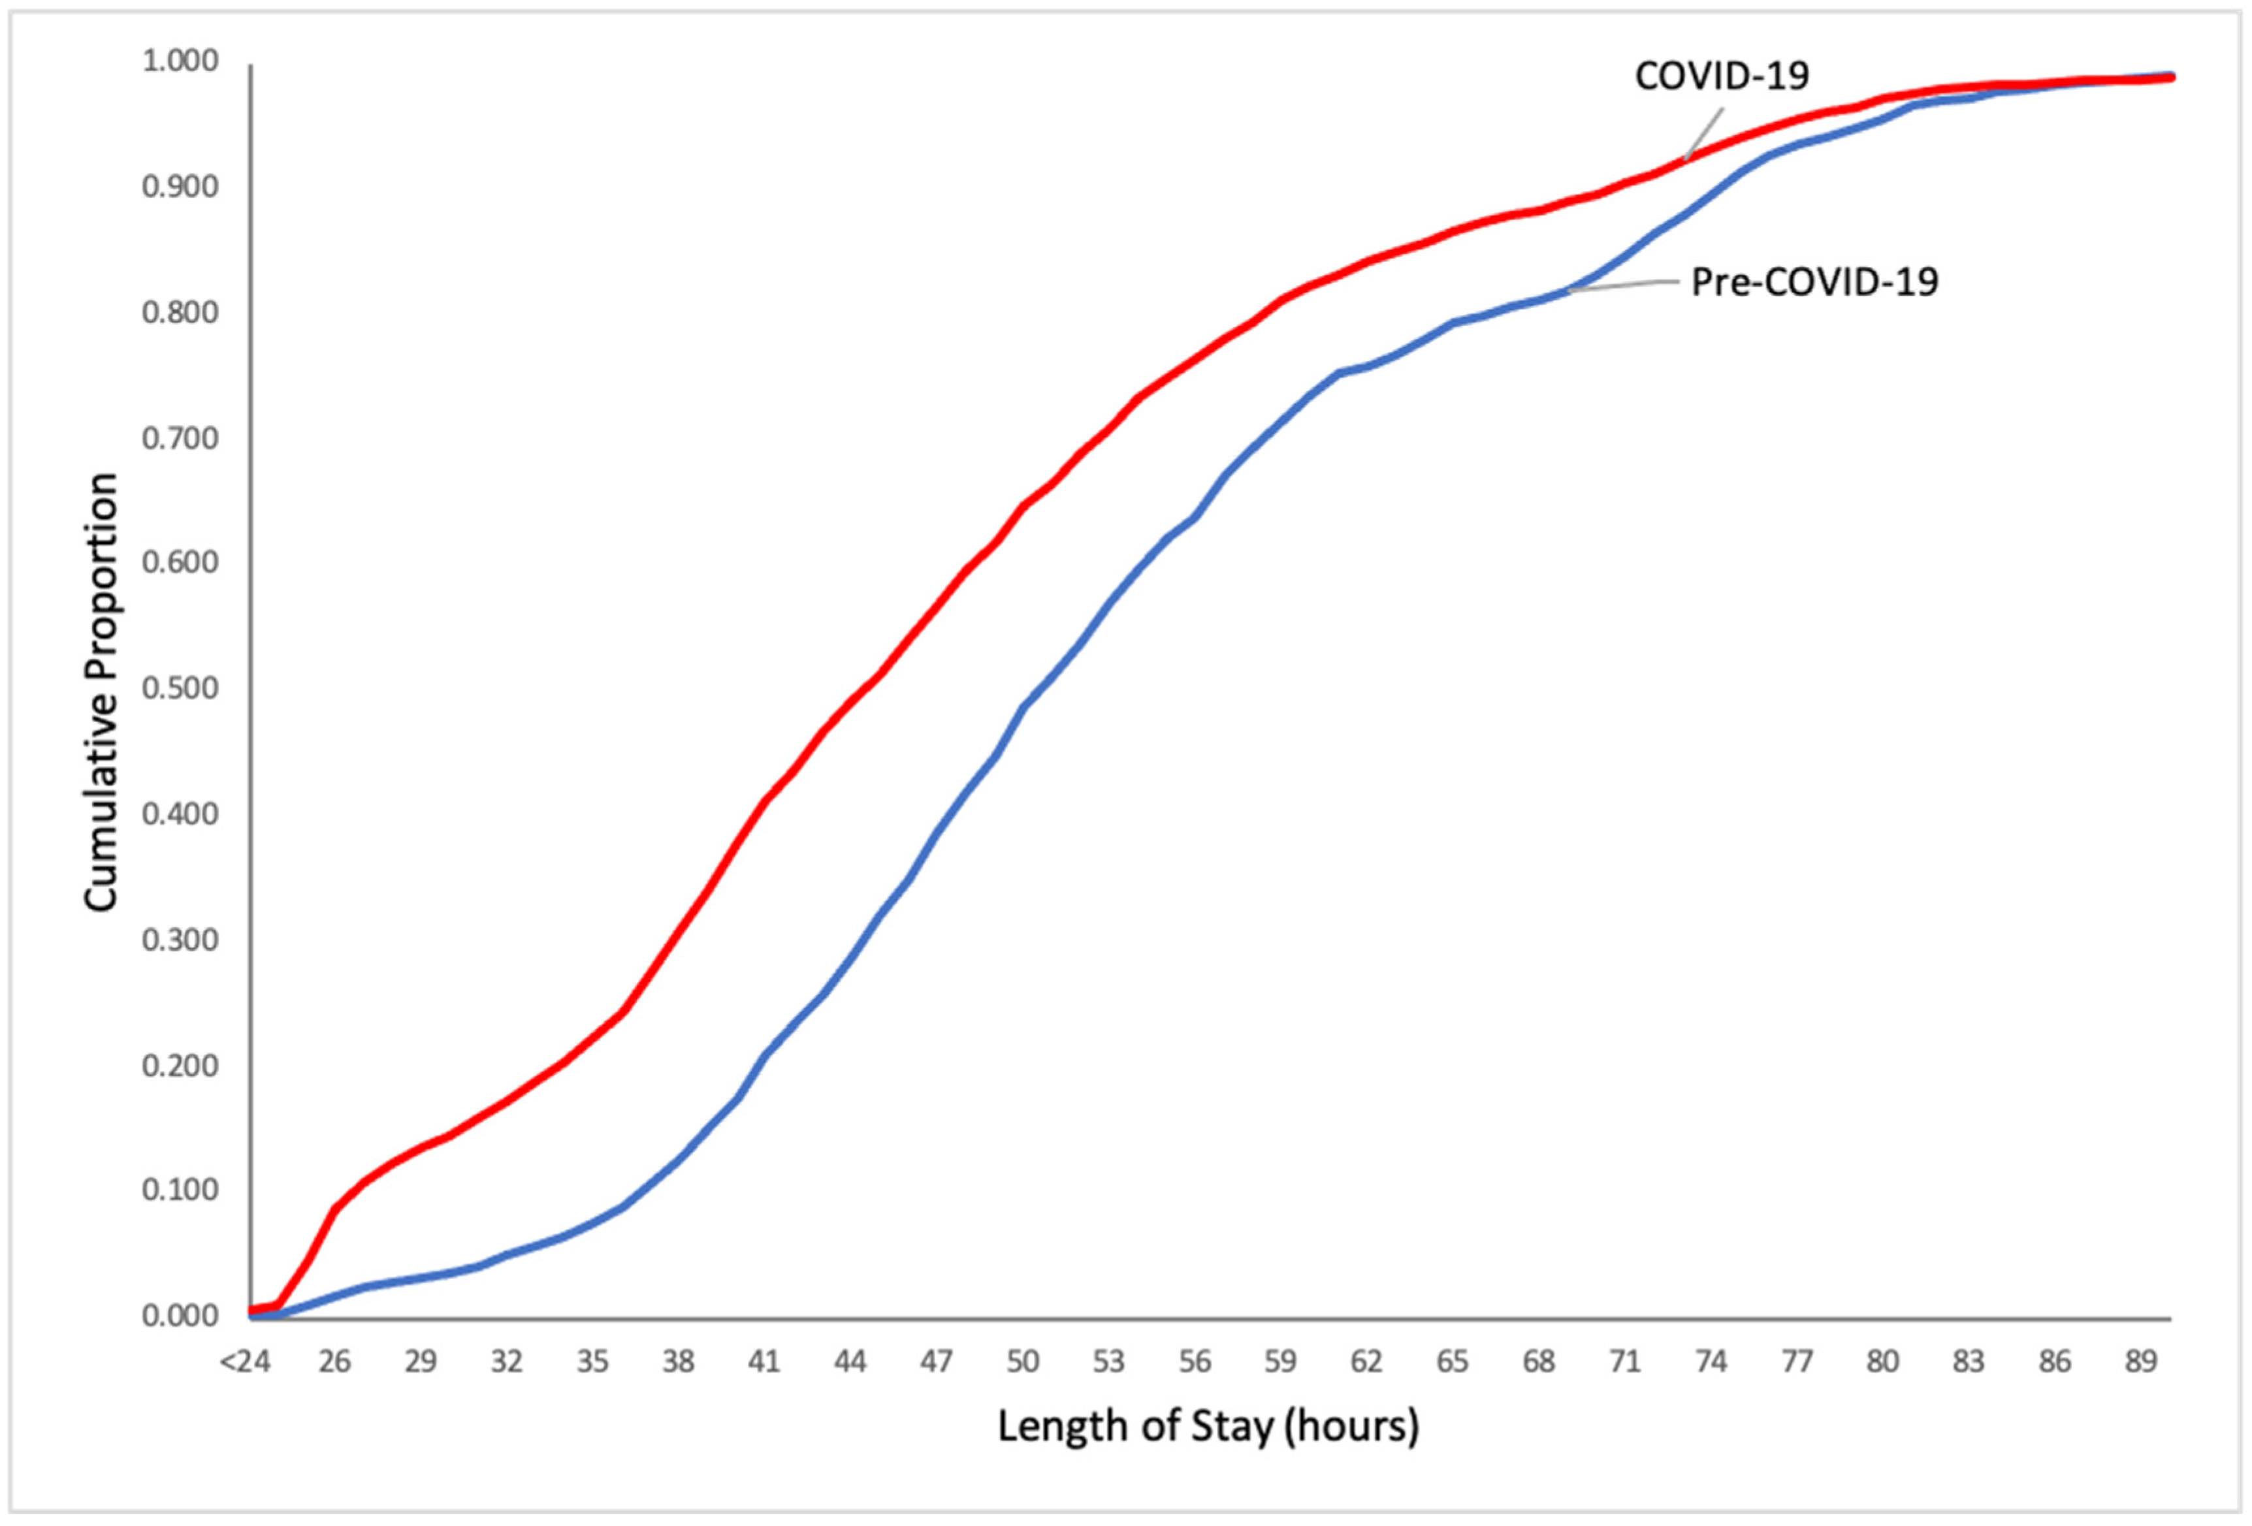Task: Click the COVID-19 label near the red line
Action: [x=1722, y=76]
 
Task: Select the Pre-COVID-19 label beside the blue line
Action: [x=1814, y=282]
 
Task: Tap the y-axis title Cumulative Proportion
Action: [x=101, y=691]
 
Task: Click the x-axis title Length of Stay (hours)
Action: [x=1208, y=1426]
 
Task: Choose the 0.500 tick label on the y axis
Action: [x=180, y=689]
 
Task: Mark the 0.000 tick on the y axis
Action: [x=180, y=1316]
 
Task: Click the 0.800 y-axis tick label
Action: [x=180, y=312]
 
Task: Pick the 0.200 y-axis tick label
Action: [x=180, y=1065]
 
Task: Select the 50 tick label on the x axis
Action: [x=1022, y=1361]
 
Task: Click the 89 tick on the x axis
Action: [x=2140, y=1361]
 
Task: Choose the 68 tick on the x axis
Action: [x=1539, y=1361]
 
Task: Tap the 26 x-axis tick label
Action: [x=334, y=1361]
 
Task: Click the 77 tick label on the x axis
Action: [x=1797, y=1361]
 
